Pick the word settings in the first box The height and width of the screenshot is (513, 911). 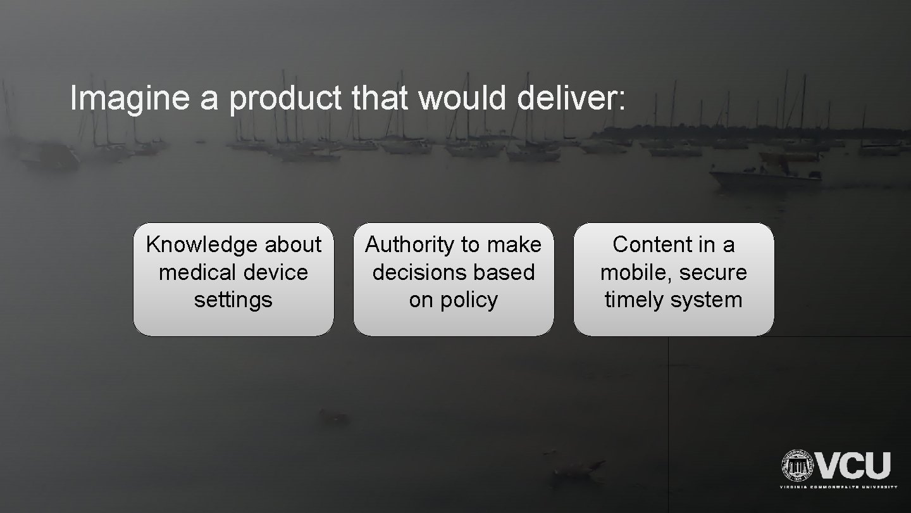click(x=233, y=300)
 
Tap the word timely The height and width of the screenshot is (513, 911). click(x=635, y=300)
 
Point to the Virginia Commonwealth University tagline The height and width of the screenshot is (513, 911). click(x=838, y=487)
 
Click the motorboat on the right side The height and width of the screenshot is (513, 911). click(x=765, y=176)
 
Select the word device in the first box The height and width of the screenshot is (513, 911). click(x=279, y=272)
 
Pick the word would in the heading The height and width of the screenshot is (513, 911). click(x=455, y=99)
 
